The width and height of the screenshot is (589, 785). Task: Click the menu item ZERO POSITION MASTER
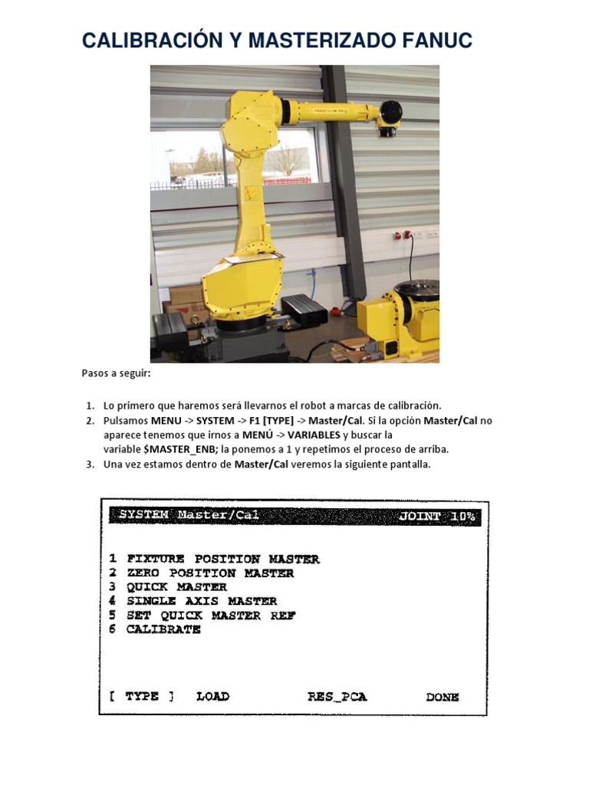[x=210, y=573]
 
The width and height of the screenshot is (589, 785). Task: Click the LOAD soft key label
[x=212, y=697]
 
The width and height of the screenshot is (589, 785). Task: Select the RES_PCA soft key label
[x=337, y=697]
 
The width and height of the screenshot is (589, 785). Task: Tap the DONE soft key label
[x=443, y=697]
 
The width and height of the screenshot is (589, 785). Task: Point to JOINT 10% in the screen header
[x=437, y=517]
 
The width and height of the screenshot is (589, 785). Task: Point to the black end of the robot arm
[x=390, y=115]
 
